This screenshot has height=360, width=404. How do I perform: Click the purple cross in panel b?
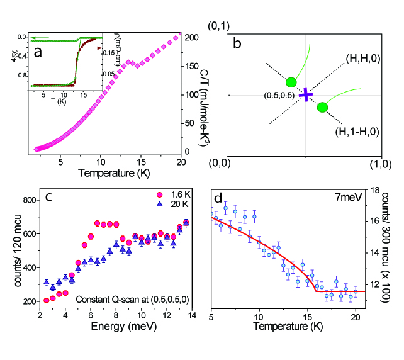coord(306,95)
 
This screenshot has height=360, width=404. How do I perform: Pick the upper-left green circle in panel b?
coord(291,82)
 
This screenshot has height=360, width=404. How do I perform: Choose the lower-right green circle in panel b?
coord(322,108)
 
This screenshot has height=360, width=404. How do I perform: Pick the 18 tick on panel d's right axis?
coord(372,189)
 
